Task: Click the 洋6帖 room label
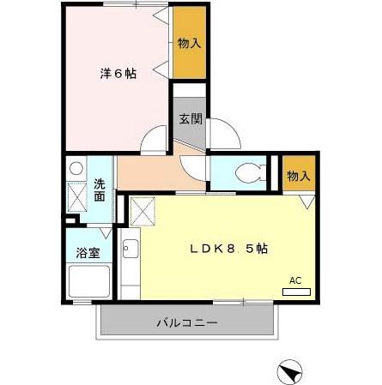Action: click(x=118, y=74)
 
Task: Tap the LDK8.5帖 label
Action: click(x=228, y=249)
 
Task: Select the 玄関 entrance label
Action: click(x=190, y=119)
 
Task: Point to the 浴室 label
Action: click(x=88, y=253)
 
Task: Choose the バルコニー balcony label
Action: click(x=186, y=323)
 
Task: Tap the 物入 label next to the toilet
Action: click(x=299, y=177)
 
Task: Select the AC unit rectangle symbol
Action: click(x=296, y=292)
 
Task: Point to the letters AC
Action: click(x=295, y=280)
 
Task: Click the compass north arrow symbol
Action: click(x=292, y=373)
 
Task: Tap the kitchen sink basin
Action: click(x=131, y=250)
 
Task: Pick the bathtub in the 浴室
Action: click(x=88, y=282)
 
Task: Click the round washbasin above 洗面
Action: click(x=76, y=168)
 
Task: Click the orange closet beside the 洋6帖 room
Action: click(x=189, y=43)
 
